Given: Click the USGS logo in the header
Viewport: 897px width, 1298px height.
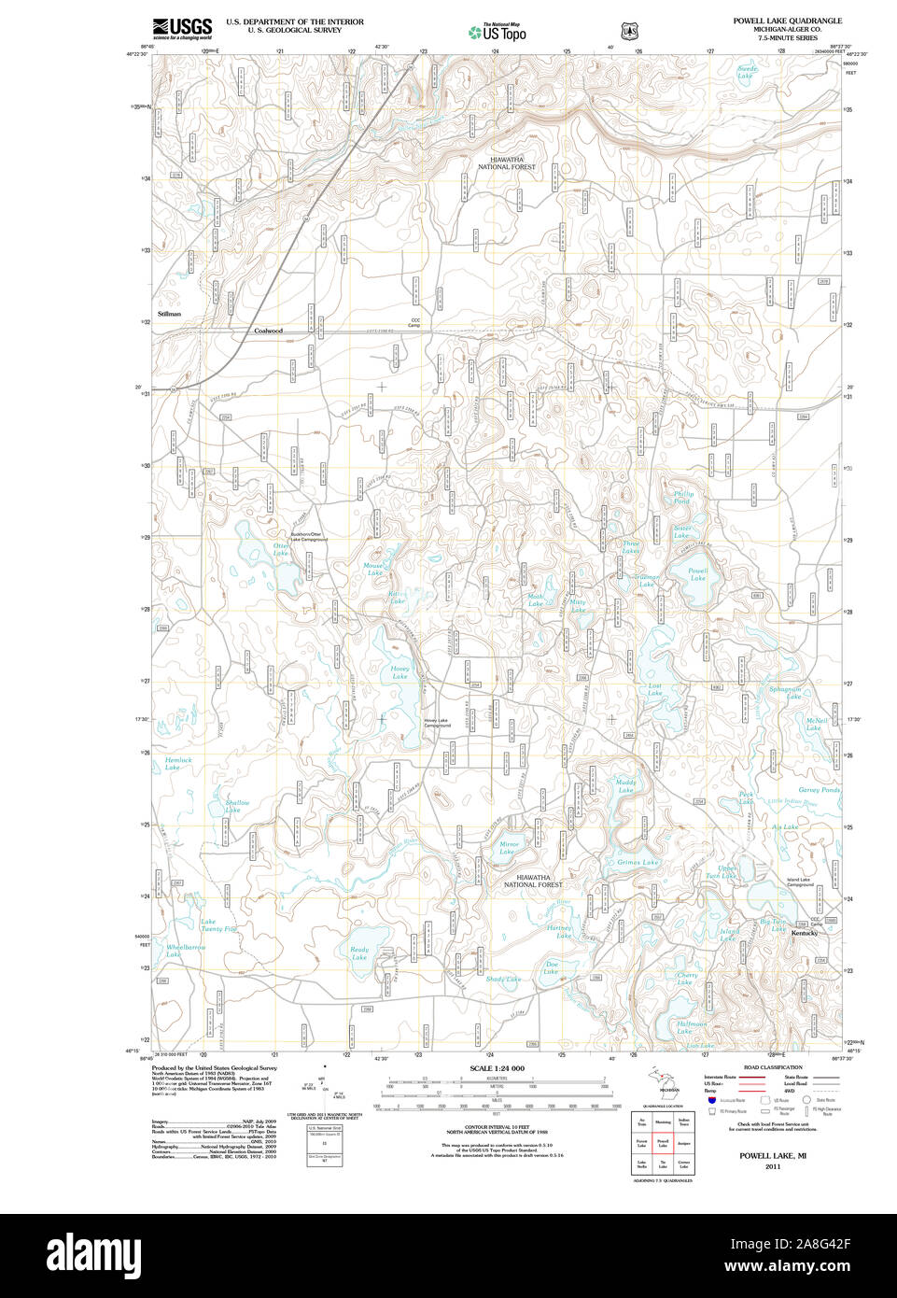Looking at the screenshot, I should (x=182, y=27).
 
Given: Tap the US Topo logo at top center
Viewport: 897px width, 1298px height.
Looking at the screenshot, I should (x=498, y=32).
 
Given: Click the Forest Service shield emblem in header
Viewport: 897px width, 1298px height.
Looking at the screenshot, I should (x=630, y=31).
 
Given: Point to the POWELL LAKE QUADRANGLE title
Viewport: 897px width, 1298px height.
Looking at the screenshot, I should (x=787, y=21).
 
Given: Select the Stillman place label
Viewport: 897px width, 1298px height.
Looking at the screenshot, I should (x=169, y=315).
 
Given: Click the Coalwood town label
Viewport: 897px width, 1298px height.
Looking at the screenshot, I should (x=268, y=331).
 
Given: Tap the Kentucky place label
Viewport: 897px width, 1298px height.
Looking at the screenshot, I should (x=804, y=933).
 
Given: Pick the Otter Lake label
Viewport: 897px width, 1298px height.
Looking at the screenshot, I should (x=281, y=549).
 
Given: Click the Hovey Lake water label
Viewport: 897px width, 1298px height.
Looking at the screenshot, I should (x=399, y=672).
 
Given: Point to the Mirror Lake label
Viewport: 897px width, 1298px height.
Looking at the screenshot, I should (x=509, y=848).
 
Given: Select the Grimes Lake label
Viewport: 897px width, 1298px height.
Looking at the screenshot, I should (x=638, y=863).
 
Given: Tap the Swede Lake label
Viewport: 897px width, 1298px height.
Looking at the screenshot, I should (x=747, y=72).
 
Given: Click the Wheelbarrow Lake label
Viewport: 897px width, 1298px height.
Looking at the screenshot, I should (x=185, y=951).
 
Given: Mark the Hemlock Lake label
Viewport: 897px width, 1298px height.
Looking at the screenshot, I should (x=177, y=764).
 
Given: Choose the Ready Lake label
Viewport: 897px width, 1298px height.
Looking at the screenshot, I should (x=359, y=953).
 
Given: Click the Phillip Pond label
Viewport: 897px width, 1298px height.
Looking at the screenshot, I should (x=683, y=497).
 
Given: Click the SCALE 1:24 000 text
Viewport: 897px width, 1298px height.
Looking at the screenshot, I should (x=497, y=1068).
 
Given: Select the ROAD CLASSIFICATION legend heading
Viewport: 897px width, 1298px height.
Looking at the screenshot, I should (x=772, y=1067).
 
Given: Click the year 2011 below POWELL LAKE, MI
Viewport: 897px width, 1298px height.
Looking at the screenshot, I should (x=772, y=1166).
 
